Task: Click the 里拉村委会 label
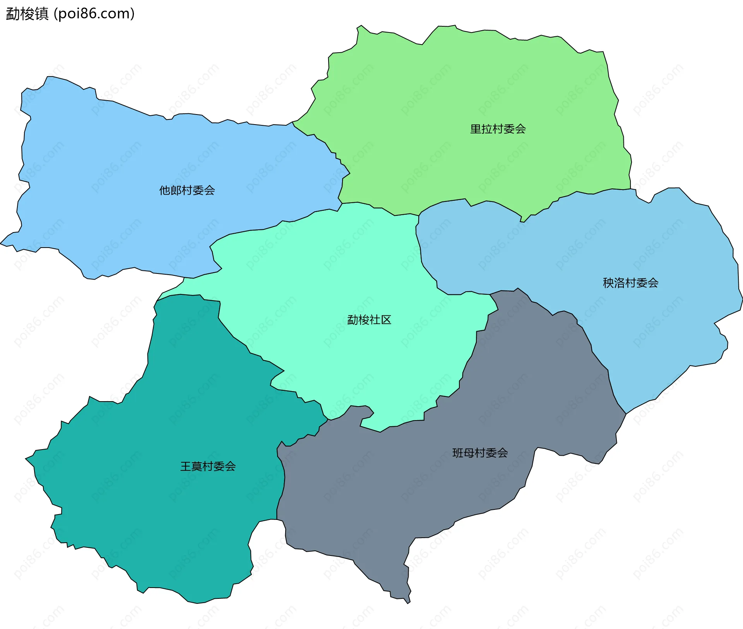point(498,129)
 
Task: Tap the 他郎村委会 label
point(187,190)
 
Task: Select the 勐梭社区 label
point(369,320)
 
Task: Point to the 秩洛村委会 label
point(630,283)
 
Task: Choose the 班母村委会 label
point(480,453)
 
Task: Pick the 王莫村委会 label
point(208,466)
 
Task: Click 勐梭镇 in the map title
point(27,14)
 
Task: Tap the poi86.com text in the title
point(94,14)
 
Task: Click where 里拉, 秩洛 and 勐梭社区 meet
point(419,215)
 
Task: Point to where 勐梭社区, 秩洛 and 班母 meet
point(490,294)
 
